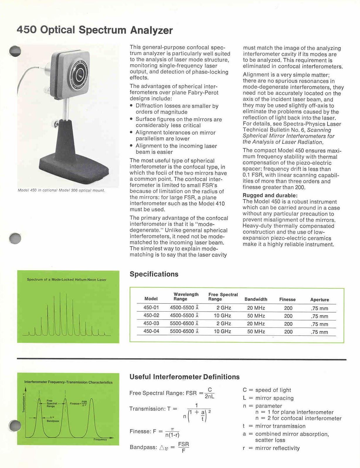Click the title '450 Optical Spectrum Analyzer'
(x=95, y=30)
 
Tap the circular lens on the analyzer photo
(x=78, y=75)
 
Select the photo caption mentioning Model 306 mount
(x=61, y=190)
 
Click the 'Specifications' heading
(x=154, y=274)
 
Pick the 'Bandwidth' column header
(x=256, y=299)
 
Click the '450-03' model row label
(x=151, y=324)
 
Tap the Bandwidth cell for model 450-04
(x=256, y=332)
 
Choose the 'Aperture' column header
(x=320, y=300)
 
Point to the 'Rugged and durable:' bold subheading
(x=270, y=195)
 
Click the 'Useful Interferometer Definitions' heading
(x=184, y=377)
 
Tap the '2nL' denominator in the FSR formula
(x=210, y=397)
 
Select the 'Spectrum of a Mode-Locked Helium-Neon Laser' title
(x=66, y=280)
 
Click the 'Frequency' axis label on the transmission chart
(x=100, y=440)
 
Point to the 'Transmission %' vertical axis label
(x=24, y=403)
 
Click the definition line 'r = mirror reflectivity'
(x=271, y=448)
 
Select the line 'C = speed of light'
(x=267, y=390)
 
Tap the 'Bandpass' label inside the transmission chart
(x=53, y=421)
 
